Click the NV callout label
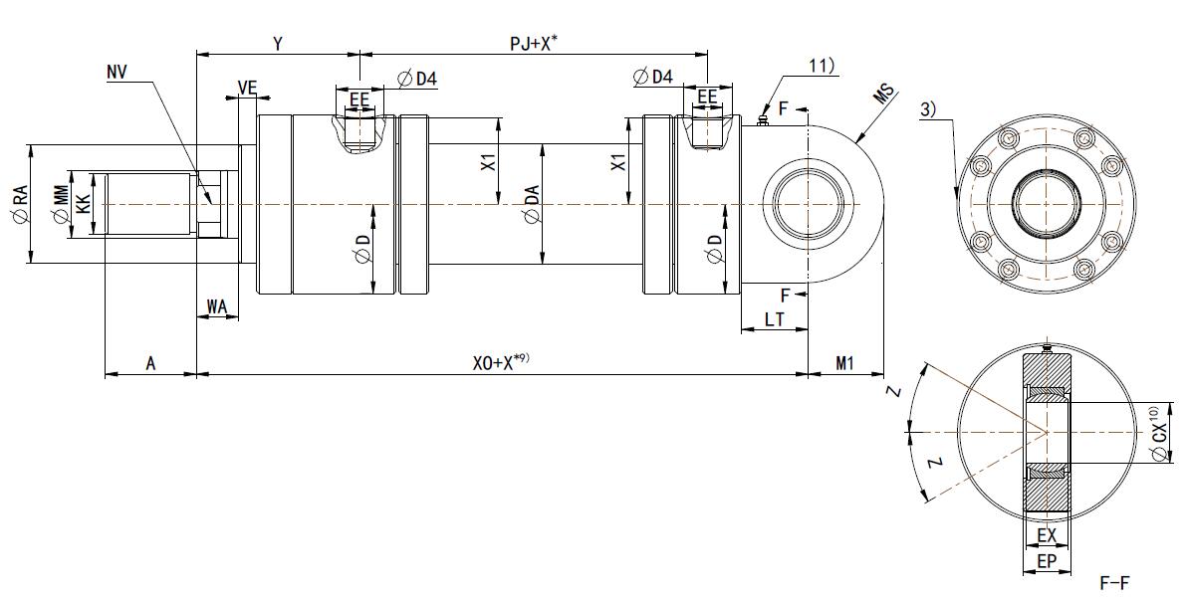tap(117, 73)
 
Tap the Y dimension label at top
tap(279, 44)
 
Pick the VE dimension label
tap(248, 89)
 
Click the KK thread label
tap(84, 205)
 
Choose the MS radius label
tap(883, 95)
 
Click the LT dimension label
tap(774, 318)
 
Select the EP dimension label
tap(1046, 562)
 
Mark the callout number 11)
tap(822, 67)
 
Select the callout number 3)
tap(927, 109)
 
